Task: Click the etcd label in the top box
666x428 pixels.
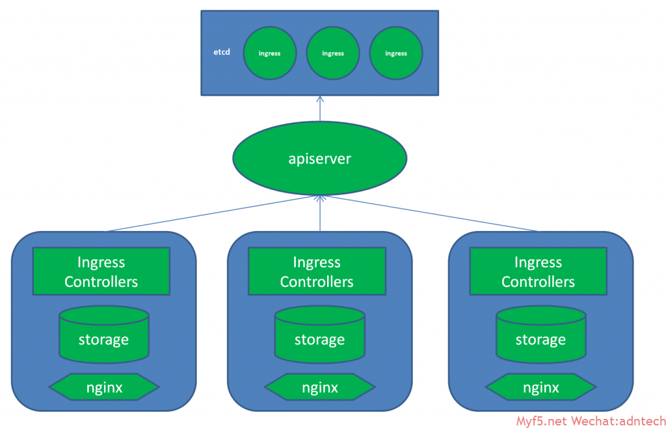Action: (x=222, y=51)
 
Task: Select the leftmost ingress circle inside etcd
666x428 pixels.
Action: (x=269, y=53)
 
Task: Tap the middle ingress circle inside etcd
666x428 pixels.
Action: (x=333, y=53)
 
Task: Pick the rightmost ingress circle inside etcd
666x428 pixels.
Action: (x=396, y=53)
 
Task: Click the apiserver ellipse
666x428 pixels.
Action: (x=320, y=159)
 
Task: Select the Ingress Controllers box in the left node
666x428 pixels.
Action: (x=101, y=271)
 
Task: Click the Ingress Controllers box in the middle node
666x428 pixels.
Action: (x=317, y=271)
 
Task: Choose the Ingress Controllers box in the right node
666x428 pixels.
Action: (x=538, y=271)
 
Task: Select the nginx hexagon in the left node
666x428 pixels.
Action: (x=104, y=388)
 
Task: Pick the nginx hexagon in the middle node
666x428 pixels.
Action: (x=319, y=388)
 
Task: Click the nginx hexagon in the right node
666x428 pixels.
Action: (x=540, y=388)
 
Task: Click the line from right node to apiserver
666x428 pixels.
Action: (x=429, y=213)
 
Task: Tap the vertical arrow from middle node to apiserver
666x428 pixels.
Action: (x=320, y=215)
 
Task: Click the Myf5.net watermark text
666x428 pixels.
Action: (x=542, y=421)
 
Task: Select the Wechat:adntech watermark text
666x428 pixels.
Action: (x=619, y=421)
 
